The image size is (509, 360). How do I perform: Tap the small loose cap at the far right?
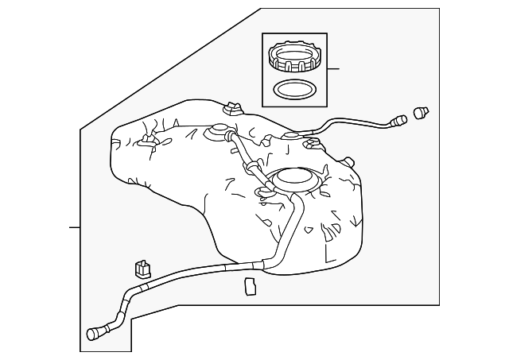pos(422,112)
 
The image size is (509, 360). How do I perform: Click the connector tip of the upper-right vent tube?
pos(398,122)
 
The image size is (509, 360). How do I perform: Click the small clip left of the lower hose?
pos(142,269)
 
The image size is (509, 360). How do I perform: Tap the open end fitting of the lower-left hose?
pos(95,334)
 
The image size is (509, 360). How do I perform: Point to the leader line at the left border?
pos(74,228)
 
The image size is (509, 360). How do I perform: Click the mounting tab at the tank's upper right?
pos(313,144)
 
